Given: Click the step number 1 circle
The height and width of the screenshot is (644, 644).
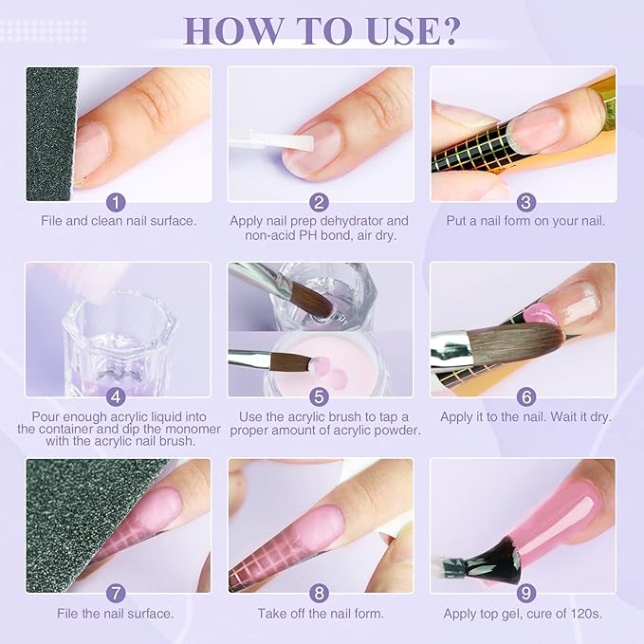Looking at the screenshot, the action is [x=117, y=202].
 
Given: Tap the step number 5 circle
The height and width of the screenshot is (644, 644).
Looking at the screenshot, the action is [x=319, y=396].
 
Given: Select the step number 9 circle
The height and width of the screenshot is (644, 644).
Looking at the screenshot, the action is [x=526, y=593].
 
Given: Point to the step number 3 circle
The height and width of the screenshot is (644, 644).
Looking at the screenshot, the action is [x=526, y=202].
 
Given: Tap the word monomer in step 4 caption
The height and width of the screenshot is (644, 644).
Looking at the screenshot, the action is [x=193, y=429].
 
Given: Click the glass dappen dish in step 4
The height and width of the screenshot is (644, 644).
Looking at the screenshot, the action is [x=120, y=342].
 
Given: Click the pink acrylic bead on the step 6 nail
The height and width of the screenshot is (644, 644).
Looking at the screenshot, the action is [x=539, y=313].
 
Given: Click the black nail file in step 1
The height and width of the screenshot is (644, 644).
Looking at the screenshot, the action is [x=51, y=134].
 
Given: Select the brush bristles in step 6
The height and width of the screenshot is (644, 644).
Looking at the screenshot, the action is [x=516, y=343].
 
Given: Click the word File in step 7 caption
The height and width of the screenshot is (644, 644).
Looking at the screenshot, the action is [x=67, y=614].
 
